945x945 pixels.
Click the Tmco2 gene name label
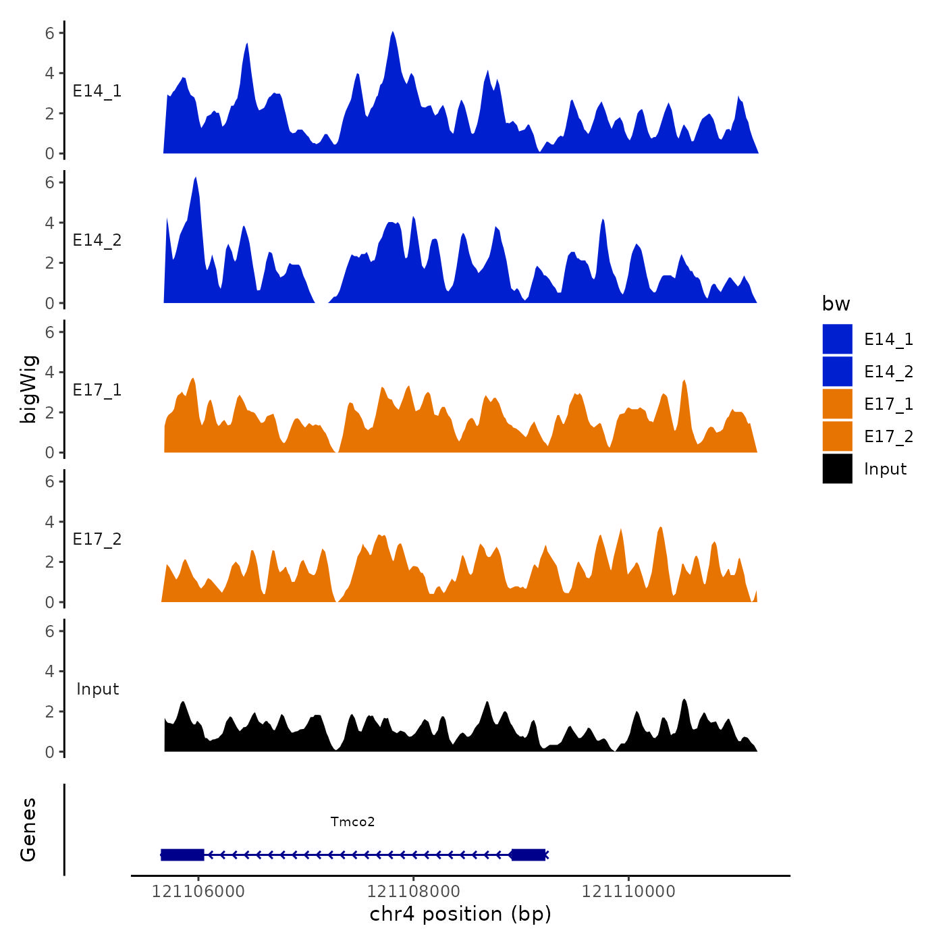click(x=352, y=821)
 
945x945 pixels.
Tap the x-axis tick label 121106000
click(x=198, y=892)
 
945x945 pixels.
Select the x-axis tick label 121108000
click(x=413, y=892)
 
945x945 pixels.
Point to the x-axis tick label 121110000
click(x=628, y=892)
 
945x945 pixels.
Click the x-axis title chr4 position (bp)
click(x=460, y=914)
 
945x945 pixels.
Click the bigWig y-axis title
click(x=29, y=389)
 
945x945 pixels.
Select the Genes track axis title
click(x=28, y=830)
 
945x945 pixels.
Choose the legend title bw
click(x=836, y=304)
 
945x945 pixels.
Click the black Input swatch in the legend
click(x=837, y=468)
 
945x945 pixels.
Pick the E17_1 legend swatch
click(x=837, y=404)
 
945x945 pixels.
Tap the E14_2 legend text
click(x=888, y=372)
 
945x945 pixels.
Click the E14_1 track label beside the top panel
click(x=97, y=91)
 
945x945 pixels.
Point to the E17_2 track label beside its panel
click(x=97, y=539)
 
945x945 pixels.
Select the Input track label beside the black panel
click(x=97, y=689)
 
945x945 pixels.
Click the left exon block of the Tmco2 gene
click(x=182, y=855)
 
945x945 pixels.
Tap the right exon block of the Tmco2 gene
click(x=528, y=855)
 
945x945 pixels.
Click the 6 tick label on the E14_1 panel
click(x=49, y=33)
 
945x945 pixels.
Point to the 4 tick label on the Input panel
click(x=49, y=671)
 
